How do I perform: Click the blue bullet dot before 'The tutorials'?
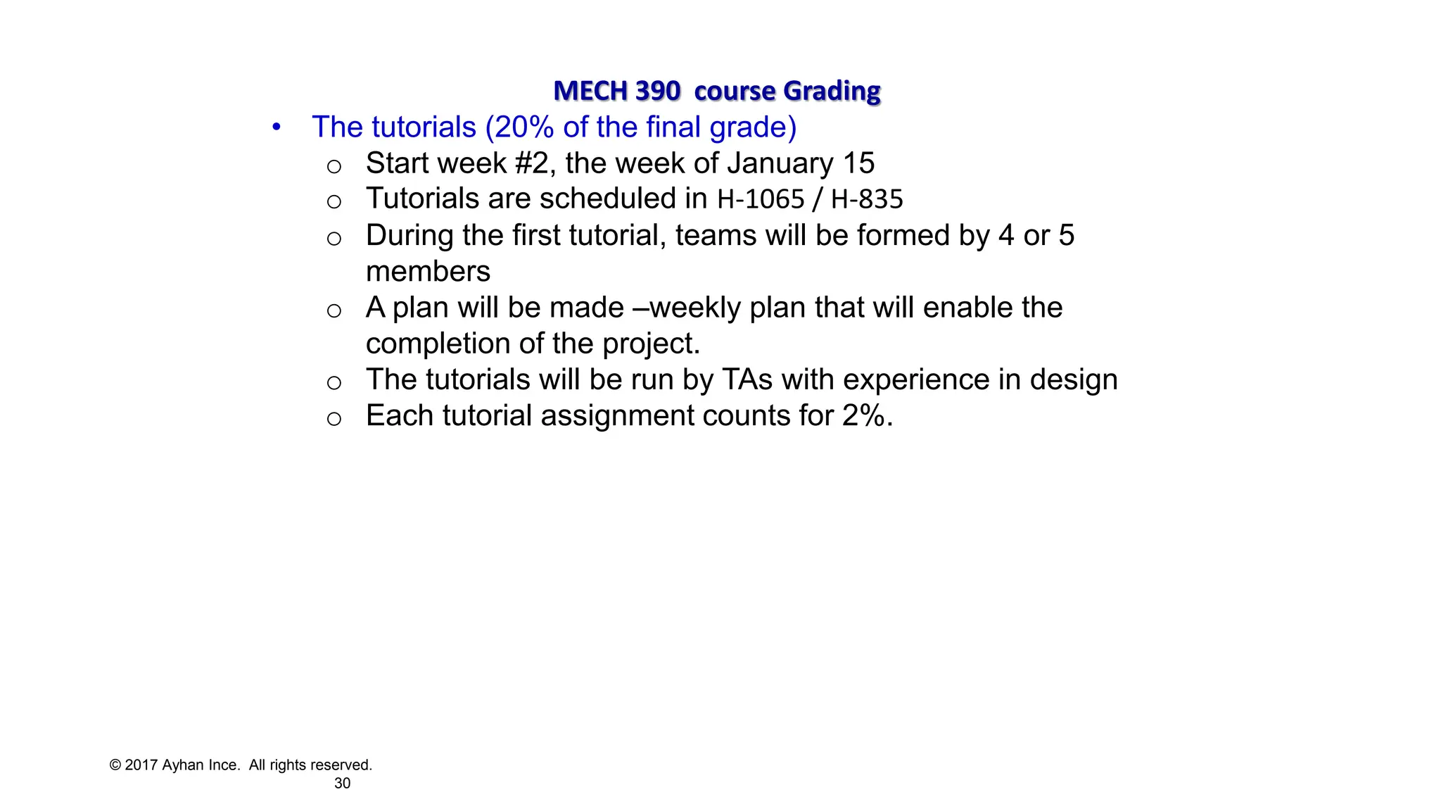(x=277, y=127)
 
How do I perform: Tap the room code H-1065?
(x=760, y=199)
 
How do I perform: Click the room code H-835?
(x=866, y=199)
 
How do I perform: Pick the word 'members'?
(x=428, y=272)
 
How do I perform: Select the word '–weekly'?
(x=687, y=308)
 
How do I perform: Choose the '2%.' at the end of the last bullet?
(x=867, y=416)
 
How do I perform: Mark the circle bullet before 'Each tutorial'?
(x=334, y=419)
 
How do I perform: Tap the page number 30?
(x=342, y=784)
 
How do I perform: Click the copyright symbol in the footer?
(x=115, y=765)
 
